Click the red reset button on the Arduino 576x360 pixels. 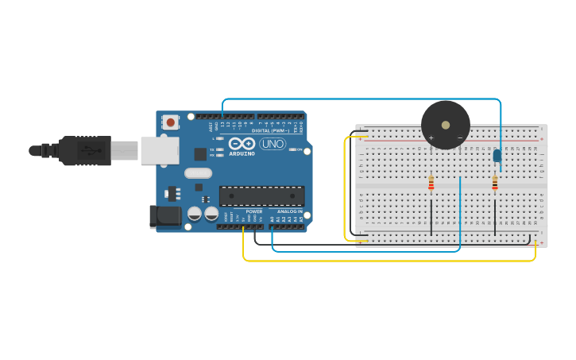[170, 122]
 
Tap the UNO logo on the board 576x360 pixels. [273, 144]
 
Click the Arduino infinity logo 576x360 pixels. [242, 143]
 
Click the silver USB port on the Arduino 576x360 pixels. [159, 150]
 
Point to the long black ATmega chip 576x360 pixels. [261, 195]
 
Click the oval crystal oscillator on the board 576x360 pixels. [198, 173]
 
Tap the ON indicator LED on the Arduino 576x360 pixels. [294, 149]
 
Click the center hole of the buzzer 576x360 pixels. [446, 125]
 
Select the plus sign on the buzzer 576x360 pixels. [431, 137]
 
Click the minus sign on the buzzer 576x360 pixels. [460, 137]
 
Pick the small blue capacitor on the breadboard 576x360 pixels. [497, 156]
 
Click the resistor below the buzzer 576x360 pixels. [431, 184]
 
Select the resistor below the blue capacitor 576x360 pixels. [495, 184]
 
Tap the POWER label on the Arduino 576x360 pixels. [254, 211]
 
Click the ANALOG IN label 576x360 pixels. [289, 211]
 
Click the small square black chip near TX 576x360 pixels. [200, 154]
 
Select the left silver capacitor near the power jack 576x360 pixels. [195, 213]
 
